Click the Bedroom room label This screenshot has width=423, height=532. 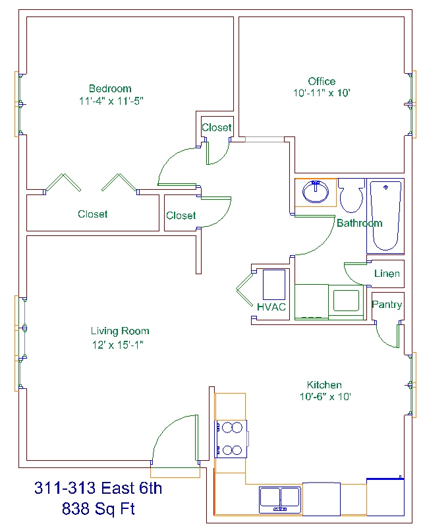(110, 88)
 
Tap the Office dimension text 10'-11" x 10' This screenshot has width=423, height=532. (322, 93)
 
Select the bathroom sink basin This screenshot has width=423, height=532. (316, 192)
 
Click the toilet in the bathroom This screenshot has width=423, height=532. (351, 196)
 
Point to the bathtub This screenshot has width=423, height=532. (385, 216)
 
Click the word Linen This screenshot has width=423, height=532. (387, 274)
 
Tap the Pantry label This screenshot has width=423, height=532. (387, 305)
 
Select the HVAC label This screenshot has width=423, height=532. (271, 307)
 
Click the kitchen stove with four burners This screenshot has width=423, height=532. (231, 438)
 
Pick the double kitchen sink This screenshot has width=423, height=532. (280, 500)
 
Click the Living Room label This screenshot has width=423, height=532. (120, 331)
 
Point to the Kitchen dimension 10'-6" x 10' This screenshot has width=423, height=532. (325, 396)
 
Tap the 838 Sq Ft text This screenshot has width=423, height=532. (98, 508)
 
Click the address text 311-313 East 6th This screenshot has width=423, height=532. (98, 488)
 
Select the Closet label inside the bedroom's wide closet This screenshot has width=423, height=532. (93, 214)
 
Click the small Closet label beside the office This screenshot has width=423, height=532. (216, 128)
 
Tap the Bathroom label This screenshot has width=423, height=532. (360, 223)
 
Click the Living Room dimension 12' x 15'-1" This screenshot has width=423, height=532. (118, 345)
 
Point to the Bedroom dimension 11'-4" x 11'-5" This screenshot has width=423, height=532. (111, 101)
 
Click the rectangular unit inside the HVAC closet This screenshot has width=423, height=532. (274, 285)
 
